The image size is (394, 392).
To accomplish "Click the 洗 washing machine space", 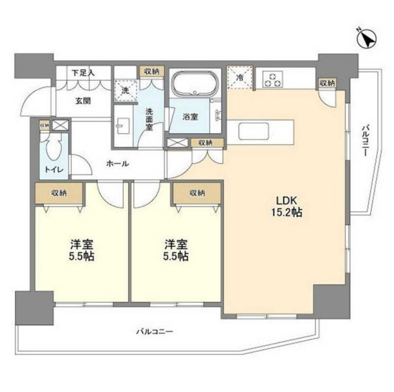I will tap(124, 91).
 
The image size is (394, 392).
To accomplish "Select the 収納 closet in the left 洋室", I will tap(59, 193).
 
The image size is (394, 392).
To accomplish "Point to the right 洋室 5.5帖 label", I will tap(176, 250).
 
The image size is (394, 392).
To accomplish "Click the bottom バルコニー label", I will tap(155, 333).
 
